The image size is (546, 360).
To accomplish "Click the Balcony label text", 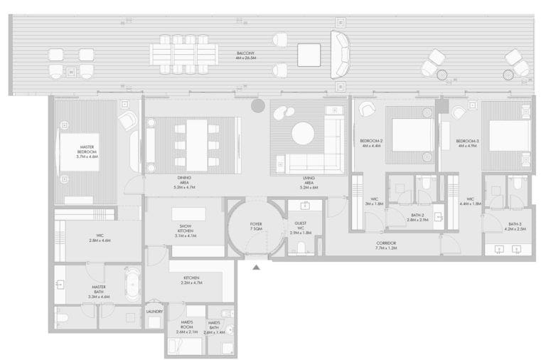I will [x=248, y=55].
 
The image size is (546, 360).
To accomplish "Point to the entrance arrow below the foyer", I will [x=257, y=268].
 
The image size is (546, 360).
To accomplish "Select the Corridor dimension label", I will [x=387, y=247].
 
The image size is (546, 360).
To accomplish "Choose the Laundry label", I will [x=154, y=312].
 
